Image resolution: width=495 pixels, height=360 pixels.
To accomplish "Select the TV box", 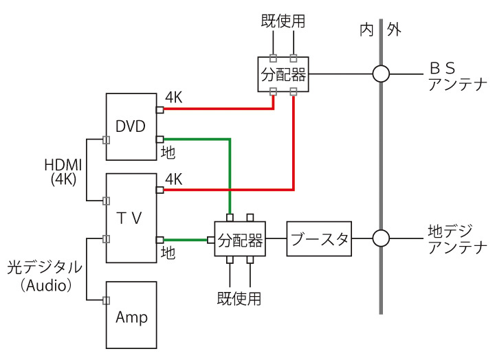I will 131,218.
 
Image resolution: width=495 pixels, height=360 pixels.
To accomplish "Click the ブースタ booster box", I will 320,240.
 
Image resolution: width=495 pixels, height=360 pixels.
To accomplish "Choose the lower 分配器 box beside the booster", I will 240,240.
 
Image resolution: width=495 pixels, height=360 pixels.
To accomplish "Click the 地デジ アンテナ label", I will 455,239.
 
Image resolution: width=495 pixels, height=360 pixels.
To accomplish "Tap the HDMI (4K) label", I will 63,171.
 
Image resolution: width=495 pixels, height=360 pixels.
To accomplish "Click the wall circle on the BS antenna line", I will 381,73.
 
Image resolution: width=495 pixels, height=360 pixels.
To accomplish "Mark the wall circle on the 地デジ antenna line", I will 381,238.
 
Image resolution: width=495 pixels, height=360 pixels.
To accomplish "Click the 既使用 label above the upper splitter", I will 282,21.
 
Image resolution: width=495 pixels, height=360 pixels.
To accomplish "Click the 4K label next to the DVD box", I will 173,98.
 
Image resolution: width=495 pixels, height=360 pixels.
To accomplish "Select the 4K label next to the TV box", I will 173,180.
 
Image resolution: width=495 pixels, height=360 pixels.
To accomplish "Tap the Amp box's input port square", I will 106,300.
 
